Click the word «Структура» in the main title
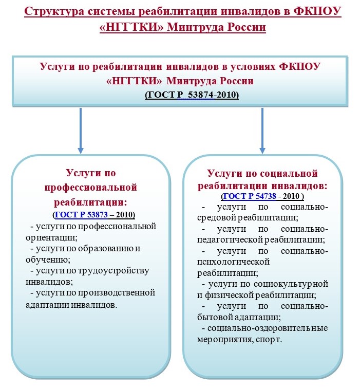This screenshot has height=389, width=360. (54, 12)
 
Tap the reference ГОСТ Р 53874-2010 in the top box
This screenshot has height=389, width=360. (192, 95)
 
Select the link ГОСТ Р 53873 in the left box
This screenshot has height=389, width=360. (81, 214)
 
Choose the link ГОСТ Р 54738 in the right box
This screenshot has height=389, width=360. (250, 196)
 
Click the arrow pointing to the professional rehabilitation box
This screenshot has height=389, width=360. (80, 131)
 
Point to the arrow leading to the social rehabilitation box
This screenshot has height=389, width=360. (262, 131)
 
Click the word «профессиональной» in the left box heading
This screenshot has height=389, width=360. (91, 187)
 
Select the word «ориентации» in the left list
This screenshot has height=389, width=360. (51, 237)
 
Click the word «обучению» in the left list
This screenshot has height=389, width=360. (48, 260)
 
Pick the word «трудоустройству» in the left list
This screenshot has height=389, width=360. (114, 271)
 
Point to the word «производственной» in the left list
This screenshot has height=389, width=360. (117, 293)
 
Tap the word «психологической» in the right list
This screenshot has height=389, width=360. (233, 262)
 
